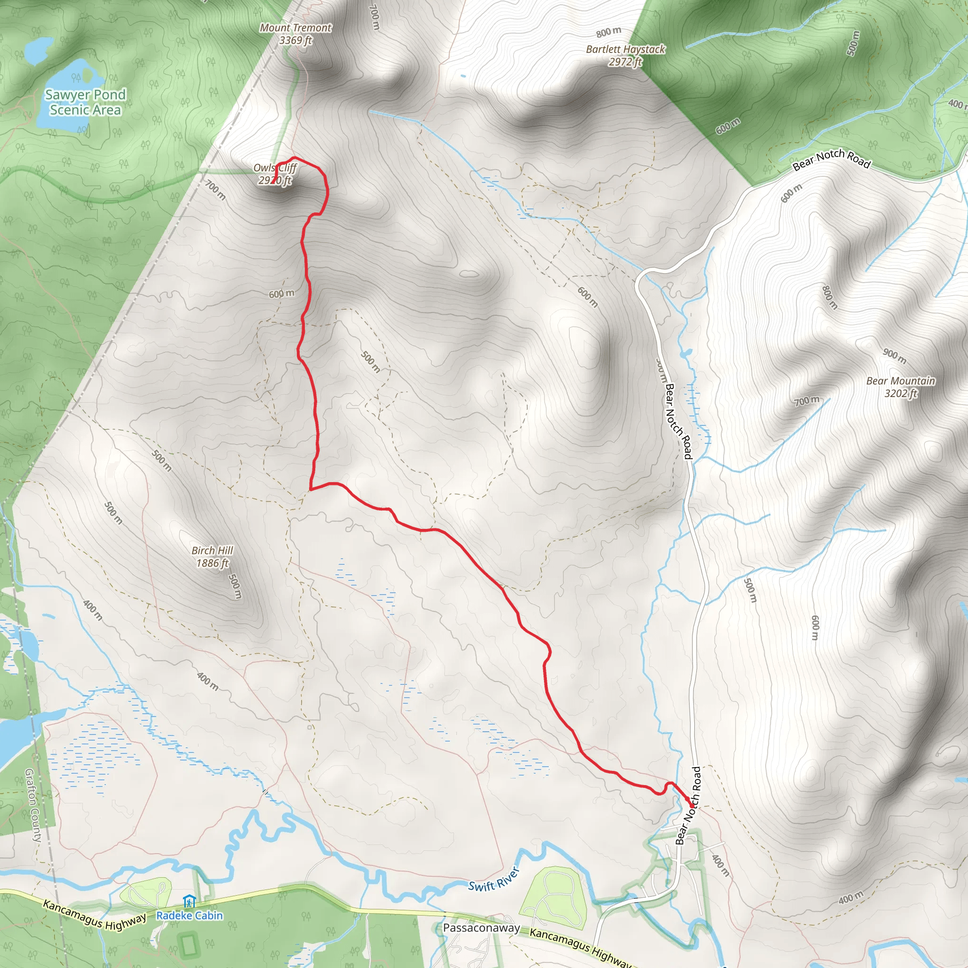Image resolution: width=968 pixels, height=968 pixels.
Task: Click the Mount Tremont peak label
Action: pos(295,34)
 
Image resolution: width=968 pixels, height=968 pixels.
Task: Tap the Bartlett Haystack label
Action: pos(625,55)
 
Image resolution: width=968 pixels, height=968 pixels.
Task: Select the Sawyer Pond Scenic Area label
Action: pos(85,102)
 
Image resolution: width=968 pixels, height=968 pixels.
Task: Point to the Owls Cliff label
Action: pos(275,174)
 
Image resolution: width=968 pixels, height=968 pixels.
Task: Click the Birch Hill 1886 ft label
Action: pos(212,557)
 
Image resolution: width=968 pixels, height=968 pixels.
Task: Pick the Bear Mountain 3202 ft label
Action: pos(900,387)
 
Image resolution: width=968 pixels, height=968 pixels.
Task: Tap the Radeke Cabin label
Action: pos(190,916)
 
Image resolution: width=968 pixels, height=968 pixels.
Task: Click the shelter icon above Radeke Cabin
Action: pos(189,902)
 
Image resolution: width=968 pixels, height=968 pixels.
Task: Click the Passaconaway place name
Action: pos(481,928)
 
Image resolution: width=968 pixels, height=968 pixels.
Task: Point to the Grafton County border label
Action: pos(33,805)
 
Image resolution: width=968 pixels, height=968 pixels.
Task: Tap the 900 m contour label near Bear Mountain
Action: pos(894,356)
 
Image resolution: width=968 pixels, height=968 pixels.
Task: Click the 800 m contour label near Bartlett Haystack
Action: pos(608,32)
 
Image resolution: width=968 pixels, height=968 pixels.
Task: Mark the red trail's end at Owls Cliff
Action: pos(272,183)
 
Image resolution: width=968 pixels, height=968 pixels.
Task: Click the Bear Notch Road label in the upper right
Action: pos(831,158)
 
